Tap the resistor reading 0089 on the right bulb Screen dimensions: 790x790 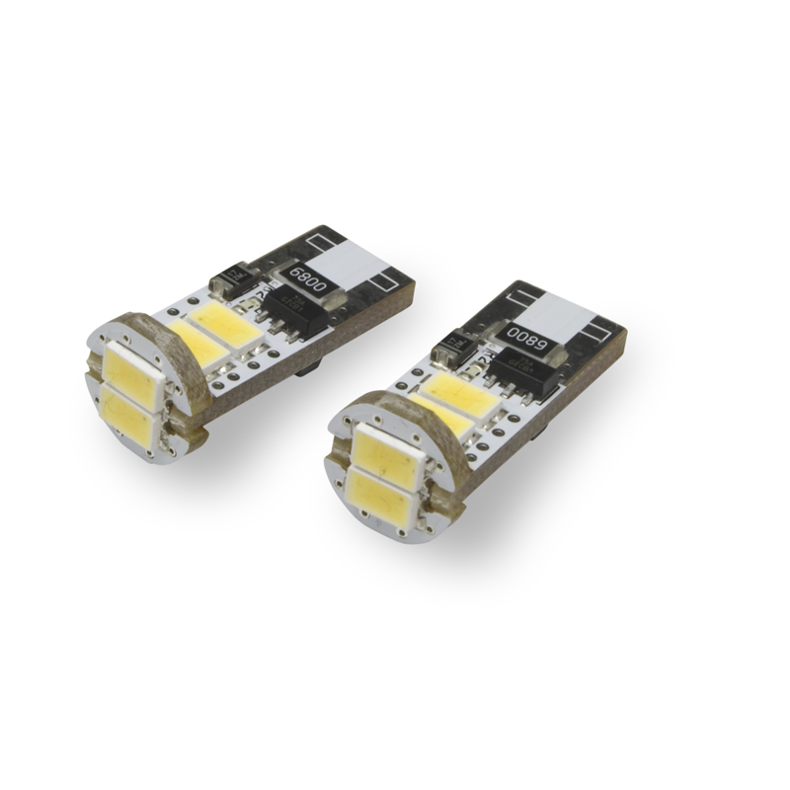point(522,333)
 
